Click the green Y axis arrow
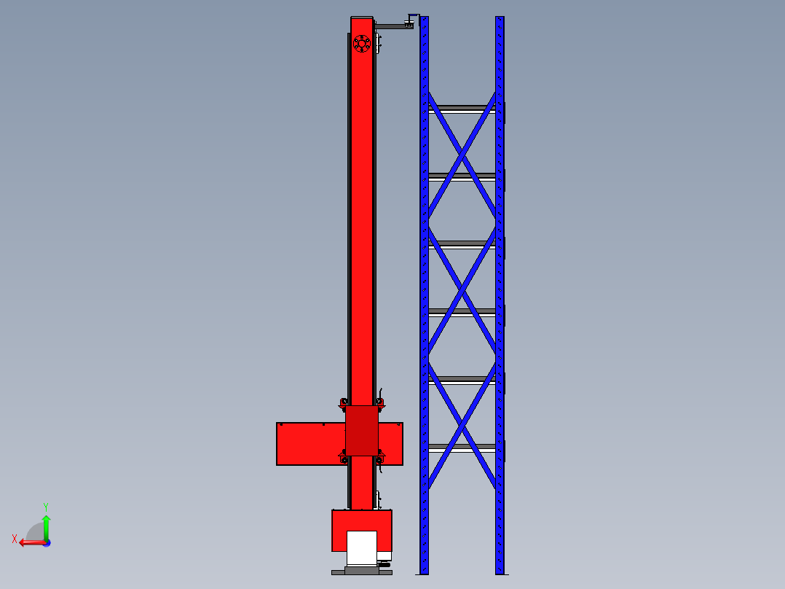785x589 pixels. point(46,525)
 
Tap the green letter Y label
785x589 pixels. point(45,506)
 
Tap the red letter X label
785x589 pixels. point(14,539)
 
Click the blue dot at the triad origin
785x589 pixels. point(46,542)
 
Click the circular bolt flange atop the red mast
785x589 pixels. point(361,44)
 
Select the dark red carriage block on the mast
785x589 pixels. point(362,431)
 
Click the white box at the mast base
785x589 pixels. point(362,547)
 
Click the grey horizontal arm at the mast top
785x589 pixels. point(393,26)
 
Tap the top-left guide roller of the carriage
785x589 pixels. point(344,402)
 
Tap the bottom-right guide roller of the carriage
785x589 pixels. point(379,459)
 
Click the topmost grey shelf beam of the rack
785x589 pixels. point(462,108)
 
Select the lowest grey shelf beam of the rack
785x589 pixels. point(462,446)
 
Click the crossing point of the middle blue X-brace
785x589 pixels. point(462,290)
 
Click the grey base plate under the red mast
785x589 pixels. point(362,572)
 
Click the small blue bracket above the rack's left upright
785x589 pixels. point(414,16)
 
